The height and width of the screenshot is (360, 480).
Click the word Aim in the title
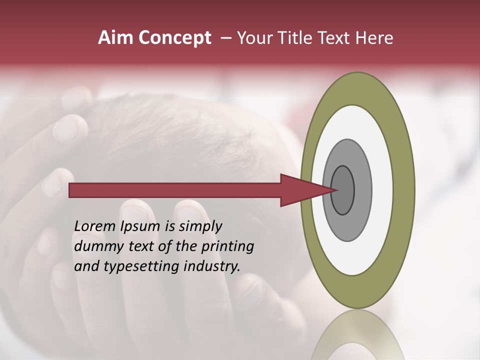115,38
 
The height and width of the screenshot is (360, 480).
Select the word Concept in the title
174,38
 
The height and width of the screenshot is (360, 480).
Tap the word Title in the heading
302,38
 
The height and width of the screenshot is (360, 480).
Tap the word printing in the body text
227,246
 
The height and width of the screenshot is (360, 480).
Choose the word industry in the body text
212,266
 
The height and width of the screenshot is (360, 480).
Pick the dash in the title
225,38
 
